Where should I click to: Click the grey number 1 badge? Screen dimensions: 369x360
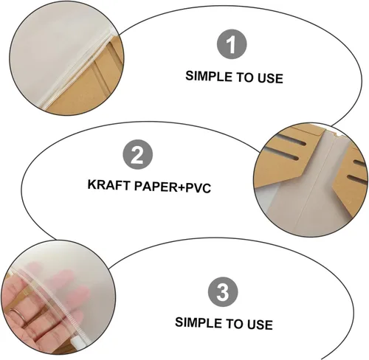click(x=232, y=44)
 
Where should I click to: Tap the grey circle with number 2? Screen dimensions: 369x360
click(x=138, y=154)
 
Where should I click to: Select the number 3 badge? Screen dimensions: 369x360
click(x=223, y=292)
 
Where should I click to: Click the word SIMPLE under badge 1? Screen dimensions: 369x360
click(x=209, y=76)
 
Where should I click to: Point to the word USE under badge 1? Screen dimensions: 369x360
click(x=270, y=78)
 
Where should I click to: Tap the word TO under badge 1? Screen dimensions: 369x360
click(x=245, y=77)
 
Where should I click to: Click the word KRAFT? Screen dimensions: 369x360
click(x=108, y=184)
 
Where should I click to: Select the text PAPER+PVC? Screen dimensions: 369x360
click(x=173, y=187)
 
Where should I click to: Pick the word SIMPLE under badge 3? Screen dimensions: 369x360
click(x=199, y=322)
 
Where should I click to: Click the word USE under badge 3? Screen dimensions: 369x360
click(x=260, y=325)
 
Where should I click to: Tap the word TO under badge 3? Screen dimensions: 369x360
click(x=235, y=323)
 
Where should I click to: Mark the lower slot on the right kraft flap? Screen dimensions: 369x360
click(x=356, y=179)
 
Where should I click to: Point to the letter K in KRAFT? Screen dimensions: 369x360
click(x=92, y=184)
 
